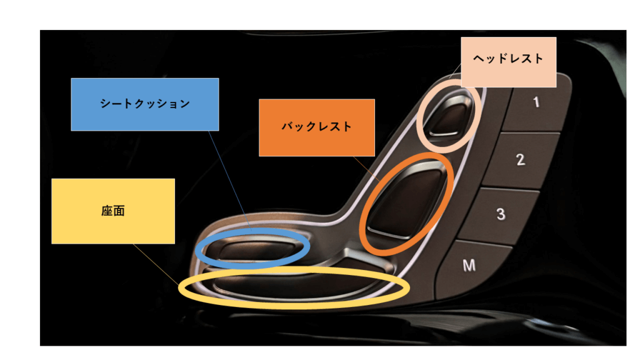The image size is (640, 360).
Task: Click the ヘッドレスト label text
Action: [509, 59]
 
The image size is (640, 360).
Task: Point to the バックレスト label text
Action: [316, 127]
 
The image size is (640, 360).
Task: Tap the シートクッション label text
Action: [145, 104]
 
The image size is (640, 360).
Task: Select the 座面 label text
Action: [113, 211]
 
